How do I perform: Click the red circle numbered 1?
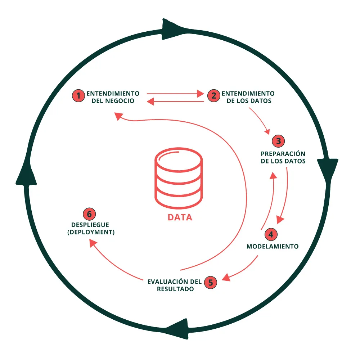point(77,95)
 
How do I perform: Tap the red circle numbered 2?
point(213,95)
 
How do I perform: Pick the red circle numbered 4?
point(271,234)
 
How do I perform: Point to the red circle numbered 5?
point(211,282)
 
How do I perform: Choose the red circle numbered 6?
point(89,214)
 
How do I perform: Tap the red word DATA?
point(180,218)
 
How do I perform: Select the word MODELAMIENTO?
point(273,247)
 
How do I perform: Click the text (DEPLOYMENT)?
point(91,233)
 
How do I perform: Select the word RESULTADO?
point(176,289)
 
